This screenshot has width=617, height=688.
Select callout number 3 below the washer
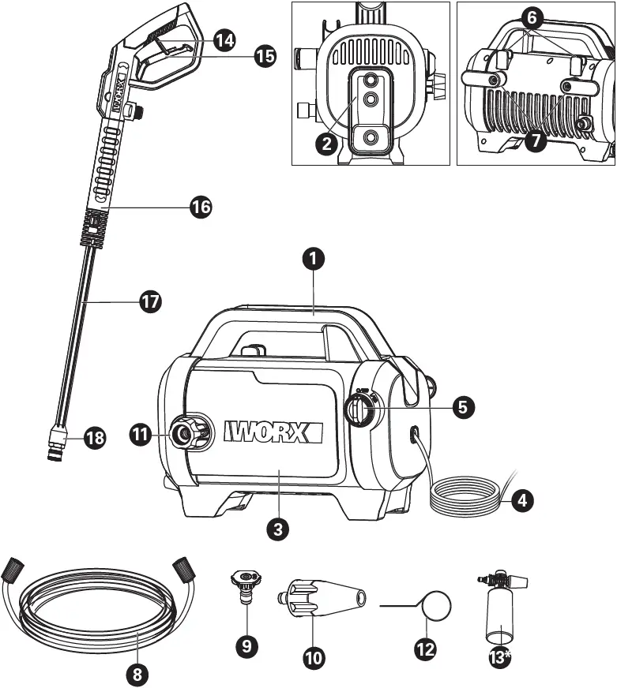click(x=276, y=528)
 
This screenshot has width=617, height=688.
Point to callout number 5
click(x=464, y=406)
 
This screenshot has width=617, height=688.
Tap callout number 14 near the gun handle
click(x=225, y=38)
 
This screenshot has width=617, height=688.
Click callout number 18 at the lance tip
click(x=94, y=438)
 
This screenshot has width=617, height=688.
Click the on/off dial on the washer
click(x=361, y=410)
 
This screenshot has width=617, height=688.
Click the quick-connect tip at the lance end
click(x=57, y=442)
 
